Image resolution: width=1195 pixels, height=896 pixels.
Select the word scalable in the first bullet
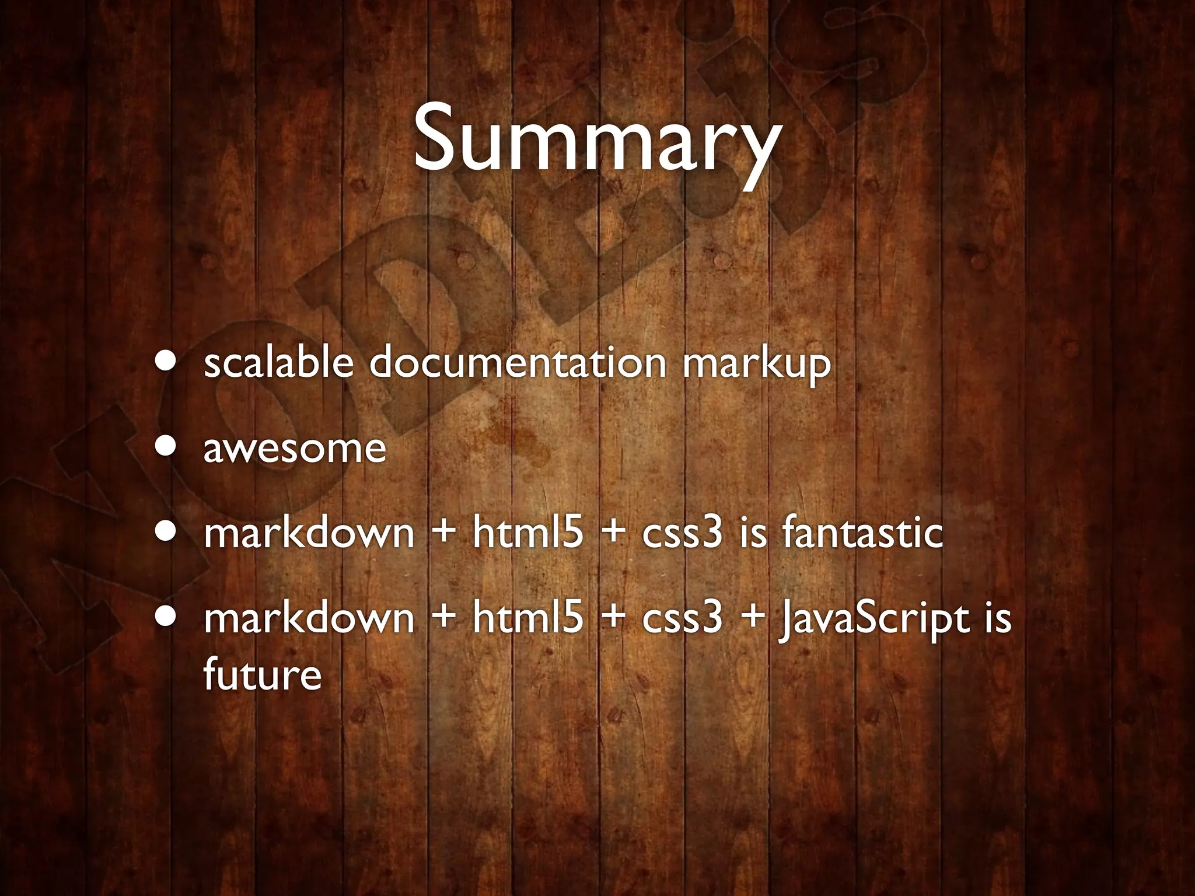click(278, 363)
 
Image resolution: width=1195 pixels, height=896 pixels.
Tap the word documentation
click(517, 363)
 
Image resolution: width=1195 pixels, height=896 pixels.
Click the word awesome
click(295, 449)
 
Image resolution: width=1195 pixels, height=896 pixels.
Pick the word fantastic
click(862, 533)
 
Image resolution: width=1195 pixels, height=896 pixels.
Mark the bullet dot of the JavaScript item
click(167, 617)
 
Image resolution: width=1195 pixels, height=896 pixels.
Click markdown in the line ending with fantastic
click(309, 533)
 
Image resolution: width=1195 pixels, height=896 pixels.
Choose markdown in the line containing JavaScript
click(309, 618)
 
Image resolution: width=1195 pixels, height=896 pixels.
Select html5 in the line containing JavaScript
click(527, 618)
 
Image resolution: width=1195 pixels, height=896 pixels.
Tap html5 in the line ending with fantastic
click(527, 533)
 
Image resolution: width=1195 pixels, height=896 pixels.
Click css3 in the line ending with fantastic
click(682, 533)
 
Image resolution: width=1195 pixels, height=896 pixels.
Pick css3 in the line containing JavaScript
click(682, 618)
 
